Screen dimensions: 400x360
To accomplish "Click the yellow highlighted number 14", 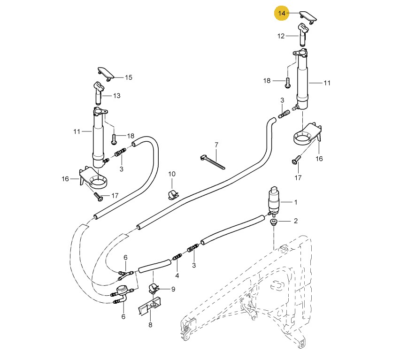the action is pos(282,13).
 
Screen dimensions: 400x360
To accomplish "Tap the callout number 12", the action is pos(281,36).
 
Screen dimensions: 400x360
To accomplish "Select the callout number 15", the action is pos(129,77).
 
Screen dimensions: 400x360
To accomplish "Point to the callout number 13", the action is pos(117,96).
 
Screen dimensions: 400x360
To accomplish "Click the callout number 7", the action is pos(216,145).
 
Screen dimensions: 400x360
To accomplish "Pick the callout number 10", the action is pos(172,174).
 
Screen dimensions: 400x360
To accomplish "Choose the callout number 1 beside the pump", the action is pos(296,202).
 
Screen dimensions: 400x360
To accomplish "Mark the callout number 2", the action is pos(296,221).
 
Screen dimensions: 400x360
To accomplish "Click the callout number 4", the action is pos(177,276).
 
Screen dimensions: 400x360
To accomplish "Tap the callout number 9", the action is pos(173,290).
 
